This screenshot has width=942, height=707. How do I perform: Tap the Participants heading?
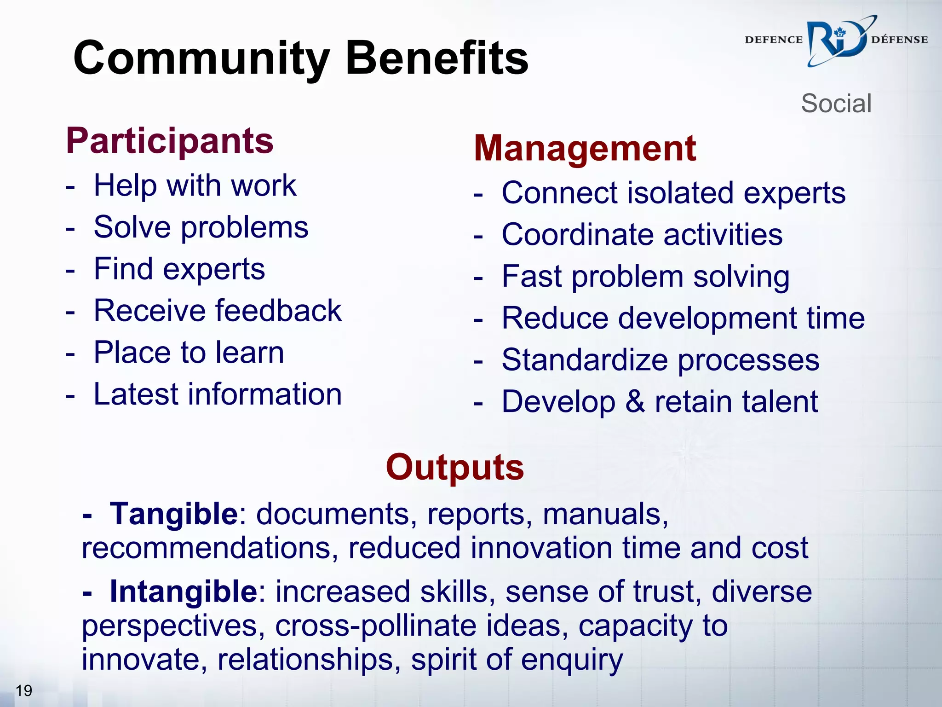click(x=170, y=141)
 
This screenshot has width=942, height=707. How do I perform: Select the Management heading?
click(x=585, y=148)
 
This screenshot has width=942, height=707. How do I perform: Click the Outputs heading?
click(x=454, y=467)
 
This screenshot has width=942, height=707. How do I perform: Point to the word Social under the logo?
click(x=836, y=103)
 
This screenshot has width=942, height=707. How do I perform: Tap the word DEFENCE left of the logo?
click(x=773, y=40)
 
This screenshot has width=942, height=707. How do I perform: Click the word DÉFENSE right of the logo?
click(x=899, y=40)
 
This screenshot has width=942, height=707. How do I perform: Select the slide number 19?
click(x=24, y=690)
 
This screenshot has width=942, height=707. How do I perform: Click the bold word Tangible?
click(x=173, y=514)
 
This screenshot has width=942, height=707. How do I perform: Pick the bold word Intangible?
click(x=183, y=591)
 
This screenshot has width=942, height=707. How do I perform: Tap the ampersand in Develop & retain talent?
click(x=635, y=401)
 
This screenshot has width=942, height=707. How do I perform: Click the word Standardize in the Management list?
click(x=584, y=360)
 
